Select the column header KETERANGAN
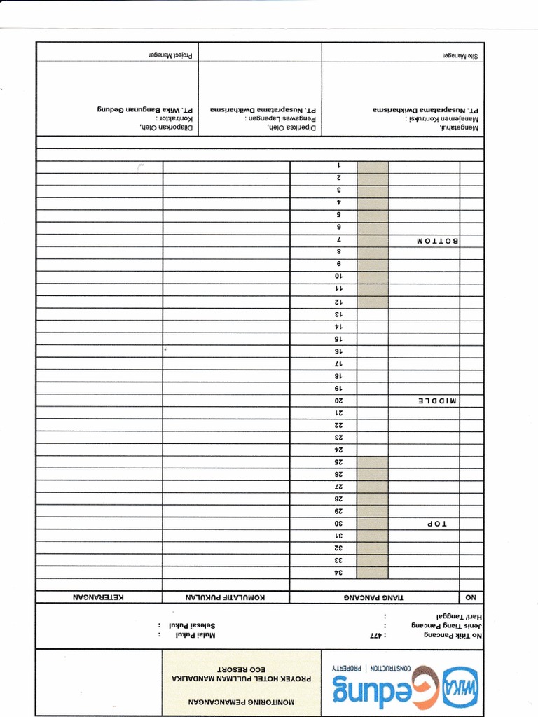(99, 597)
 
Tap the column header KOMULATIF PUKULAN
(226, 597)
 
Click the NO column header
(471, 597)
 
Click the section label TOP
(436, 524)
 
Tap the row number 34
(337, 573)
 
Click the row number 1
(338, 166)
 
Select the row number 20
(337, 401)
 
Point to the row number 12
(337, 302)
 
